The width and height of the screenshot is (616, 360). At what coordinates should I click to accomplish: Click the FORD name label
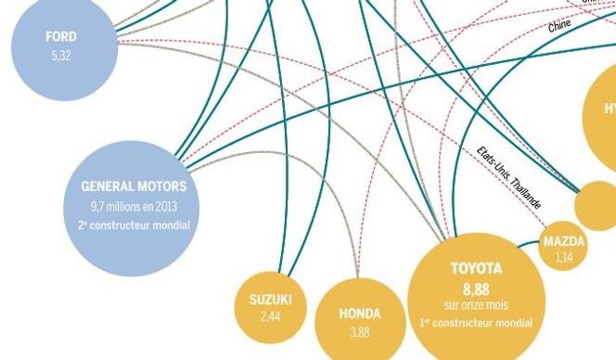tap(61, 37)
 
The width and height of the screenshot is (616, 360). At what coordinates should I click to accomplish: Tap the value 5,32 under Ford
tap(61, 56)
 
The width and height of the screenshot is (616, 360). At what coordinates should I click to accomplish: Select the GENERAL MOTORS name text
tap(134, 186)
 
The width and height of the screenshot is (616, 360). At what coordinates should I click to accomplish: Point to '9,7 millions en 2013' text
tap(134, 206)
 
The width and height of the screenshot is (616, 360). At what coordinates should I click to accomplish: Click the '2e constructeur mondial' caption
tap(134, 225)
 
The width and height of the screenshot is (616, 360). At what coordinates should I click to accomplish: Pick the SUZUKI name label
tap(270, 300)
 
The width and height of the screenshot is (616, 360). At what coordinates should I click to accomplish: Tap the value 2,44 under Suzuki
tap(270, 317)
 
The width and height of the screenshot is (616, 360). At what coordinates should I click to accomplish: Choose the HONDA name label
tap(359, 315)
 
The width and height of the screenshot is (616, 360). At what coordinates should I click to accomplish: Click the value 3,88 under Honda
tap(359, 332)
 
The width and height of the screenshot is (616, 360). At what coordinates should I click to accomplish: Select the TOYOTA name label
tap(476, 269)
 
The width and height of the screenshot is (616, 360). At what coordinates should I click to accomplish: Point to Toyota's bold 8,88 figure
tap(476, 289)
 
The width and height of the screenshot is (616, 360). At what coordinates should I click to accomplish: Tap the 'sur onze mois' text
tap(476, 305)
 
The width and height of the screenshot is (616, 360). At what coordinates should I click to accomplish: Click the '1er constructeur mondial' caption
tap(476, 323)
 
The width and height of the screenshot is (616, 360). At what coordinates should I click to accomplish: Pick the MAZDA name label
tap(565, 242)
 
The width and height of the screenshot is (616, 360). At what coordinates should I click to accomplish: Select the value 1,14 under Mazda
tap(565, 258)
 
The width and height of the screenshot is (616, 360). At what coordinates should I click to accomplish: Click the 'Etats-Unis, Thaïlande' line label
tap(509, 176)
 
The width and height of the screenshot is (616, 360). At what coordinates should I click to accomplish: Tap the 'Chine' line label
tap(559, 27)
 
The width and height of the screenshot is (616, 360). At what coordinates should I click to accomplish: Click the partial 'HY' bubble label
tap(609, 109)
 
